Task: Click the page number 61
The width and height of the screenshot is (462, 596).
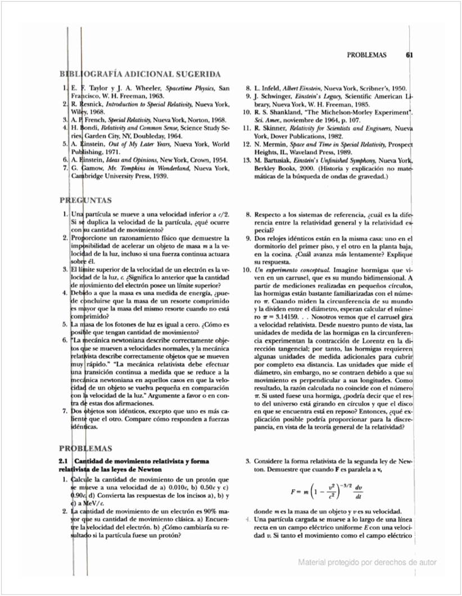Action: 409,55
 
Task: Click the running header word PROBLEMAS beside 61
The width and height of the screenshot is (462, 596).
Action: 366,55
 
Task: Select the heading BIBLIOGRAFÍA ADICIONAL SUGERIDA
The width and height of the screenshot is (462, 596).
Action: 140,74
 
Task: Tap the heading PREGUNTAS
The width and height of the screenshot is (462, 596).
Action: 85,200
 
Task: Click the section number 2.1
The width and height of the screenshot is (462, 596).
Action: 64,461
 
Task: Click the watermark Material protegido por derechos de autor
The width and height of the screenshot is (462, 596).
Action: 368,562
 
